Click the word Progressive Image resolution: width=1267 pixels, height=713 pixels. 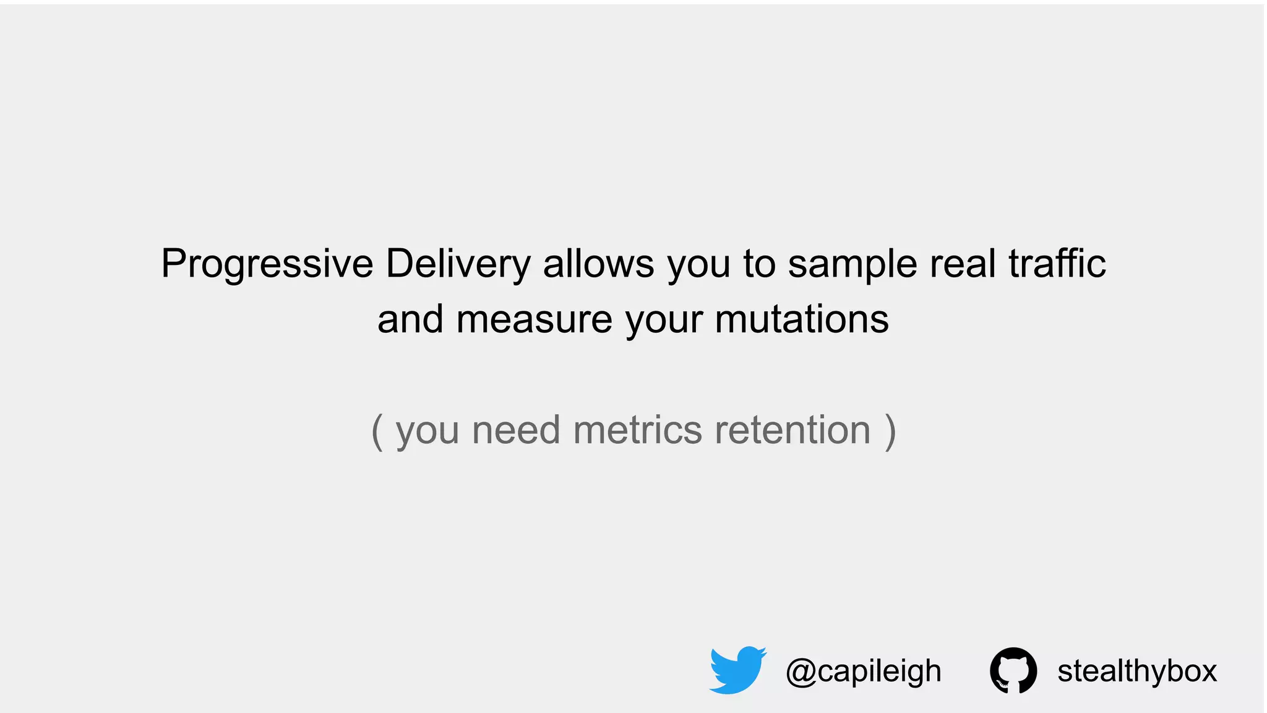(267, 264)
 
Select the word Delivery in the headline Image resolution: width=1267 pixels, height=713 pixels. (458, 264)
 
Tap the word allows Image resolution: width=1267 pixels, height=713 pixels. (598, 263)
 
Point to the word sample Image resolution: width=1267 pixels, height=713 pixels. (853, 264)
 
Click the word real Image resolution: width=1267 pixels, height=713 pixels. (963, 263)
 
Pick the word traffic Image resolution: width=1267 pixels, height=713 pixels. (1057, 263)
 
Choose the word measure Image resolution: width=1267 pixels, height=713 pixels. (534, 319)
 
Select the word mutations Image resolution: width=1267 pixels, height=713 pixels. (802, 319)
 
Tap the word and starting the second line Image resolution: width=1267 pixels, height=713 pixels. (410, 319)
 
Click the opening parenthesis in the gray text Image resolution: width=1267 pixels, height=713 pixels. (377, 431)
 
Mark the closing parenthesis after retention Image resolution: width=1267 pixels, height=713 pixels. (890, 431)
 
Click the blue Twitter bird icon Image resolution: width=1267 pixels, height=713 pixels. (737, 670)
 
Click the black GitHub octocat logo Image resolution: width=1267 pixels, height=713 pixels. (1013, 670)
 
